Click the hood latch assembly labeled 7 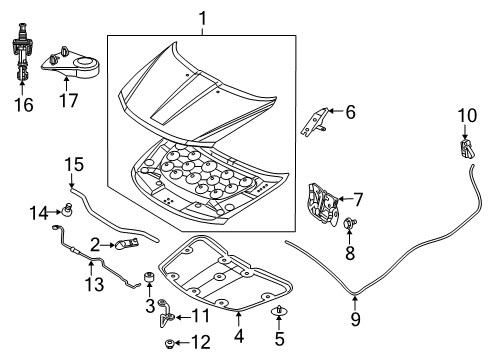[x=321, y=199]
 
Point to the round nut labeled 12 [x=171, y=345]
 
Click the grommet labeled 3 [x=149, y=276]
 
